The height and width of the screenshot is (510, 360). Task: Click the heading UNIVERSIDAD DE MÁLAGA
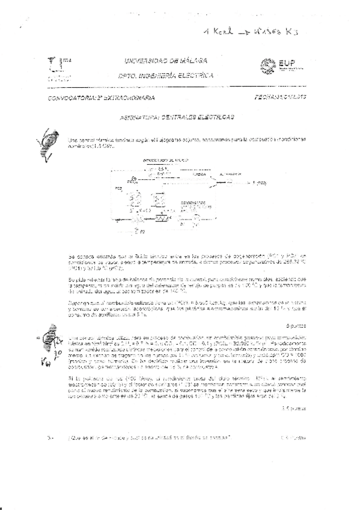(166, 61)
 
